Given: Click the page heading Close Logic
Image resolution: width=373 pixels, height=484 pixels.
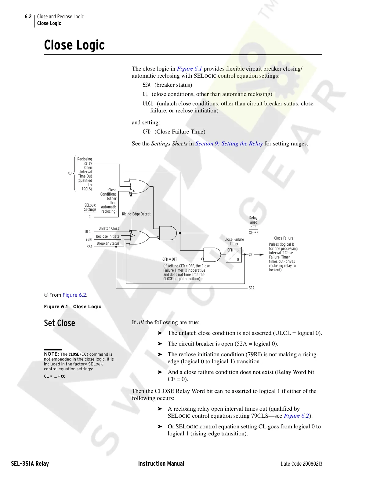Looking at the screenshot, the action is (74, 45).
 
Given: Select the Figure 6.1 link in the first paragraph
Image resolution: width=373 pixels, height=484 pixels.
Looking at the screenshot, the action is (189, 69).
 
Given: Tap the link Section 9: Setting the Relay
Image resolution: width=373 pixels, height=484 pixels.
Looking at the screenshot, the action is (229, 144).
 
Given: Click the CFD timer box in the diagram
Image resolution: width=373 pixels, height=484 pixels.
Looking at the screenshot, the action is (234, 255).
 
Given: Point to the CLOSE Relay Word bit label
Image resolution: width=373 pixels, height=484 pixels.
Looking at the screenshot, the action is (253, 233).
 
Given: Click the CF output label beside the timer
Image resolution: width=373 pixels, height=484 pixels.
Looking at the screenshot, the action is (251, 255).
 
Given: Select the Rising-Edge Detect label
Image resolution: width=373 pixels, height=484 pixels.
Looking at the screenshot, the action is (136, 214).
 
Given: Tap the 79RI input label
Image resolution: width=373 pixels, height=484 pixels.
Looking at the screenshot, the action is (89, 240).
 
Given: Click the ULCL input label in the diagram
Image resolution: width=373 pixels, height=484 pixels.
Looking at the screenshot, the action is (89, 232).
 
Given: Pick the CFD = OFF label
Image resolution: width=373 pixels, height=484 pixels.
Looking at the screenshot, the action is (170, 259).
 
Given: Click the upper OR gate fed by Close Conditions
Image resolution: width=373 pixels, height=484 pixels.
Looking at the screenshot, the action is (139, 186).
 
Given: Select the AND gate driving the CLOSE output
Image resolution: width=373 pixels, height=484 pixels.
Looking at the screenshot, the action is (168, 233).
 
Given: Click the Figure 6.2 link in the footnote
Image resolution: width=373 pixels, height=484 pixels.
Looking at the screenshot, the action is (74, 295).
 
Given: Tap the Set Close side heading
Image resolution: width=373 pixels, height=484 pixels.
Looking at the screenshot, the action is (60, 323).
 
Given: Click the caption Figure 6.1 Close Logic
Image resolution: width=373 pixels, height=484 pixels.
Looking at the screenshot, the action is (73, 307).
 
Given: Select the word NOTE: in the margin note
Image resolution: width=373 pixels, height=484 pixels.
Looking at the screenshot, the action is (51, 354).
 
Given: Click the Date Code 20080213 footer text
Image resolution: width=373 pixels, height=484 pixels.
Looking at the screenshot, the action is (301, 464).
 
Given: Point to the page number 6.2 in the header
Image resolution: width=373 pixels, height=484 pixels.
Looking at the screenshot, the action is (28, 17).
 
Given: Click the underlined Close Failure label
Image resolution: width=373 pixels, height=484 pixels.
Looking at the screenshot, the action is (284, 238).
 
